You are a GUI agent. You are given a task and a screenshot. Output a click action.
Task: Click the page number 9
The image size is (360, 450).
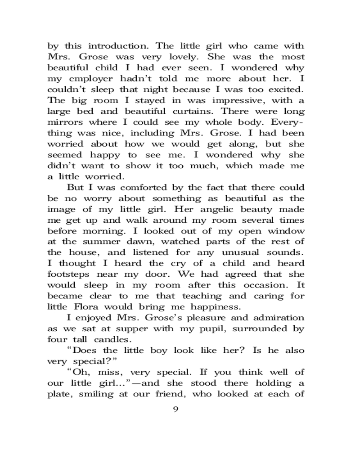pos(176,409)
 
